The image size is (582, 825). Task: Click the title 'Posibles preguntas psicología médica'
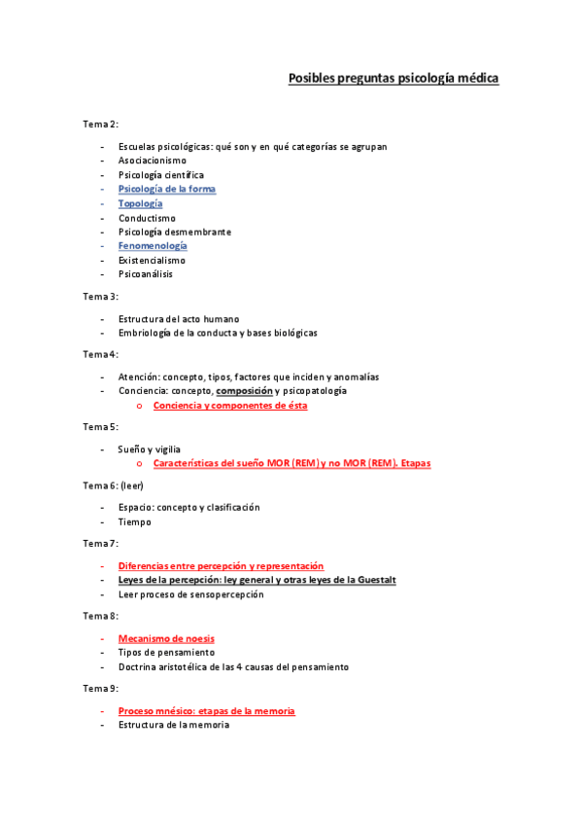click(x=394, y=78)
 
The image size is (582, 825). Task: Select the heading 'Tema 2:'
click(x=100, y=124)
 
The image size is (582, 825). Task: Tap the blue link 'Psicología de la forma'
click(x=166, y=189)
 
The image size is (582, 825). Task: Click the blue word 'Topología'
click(x=140, y=203)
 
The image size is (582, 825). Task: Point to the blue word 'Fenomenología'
click(x=153, y=246)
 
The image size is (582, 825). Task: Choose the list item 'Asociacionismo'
click(x=153, y=161)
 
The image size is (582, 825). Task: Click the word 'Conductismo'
click(x=147, y=218)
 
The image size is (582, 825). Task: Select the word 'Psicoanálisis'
click(x=146, y=274)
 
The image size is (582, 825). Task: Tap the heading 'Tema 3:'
click(x=100, y=296)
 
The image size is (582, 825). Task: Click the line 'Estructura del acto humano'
click(x=179, y=318)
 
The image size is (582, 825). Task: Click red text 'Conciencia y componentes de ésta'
click(x=230, y=405)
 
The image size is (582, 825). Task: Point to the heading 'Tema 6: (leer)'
click(x=113, y=484)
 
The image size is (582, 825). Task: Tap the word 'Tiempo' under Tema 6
click(x=134, y=521)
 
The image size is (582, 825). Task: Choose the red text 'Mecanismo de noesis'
click(x=159, y=638)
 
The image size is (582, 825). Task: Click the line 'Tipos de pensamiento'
click(x=166, y=652)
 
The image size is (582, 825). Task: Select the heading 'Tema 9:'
click(x=100, y=689)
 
